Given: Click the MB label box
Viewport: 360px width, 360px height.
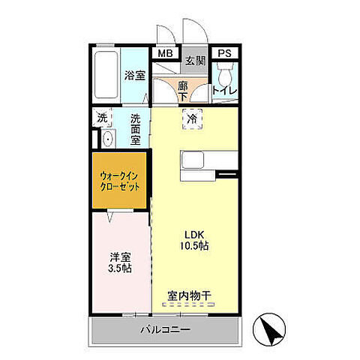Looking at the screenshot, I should [165, 54].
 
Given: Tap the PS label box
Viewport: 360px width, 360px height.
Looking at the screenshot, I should [224, 54].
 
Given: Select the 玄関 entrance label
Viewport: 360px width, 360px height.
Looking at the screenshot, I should [196, 61].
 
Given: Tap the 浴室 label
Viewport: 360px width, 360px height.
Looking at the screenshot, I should [135, 75].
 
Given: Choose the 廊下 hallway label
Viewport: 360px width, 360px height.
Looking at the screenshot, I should [183, 91].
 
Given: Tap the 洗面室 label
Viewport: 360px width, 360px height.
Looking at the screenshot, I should [136, 128].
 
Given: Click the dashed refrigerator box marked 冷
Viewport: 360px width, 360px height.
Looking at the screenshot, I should [193, 119].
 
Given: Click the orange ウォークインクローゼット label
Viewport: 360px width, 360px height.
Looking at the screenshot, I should [120, 181].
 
